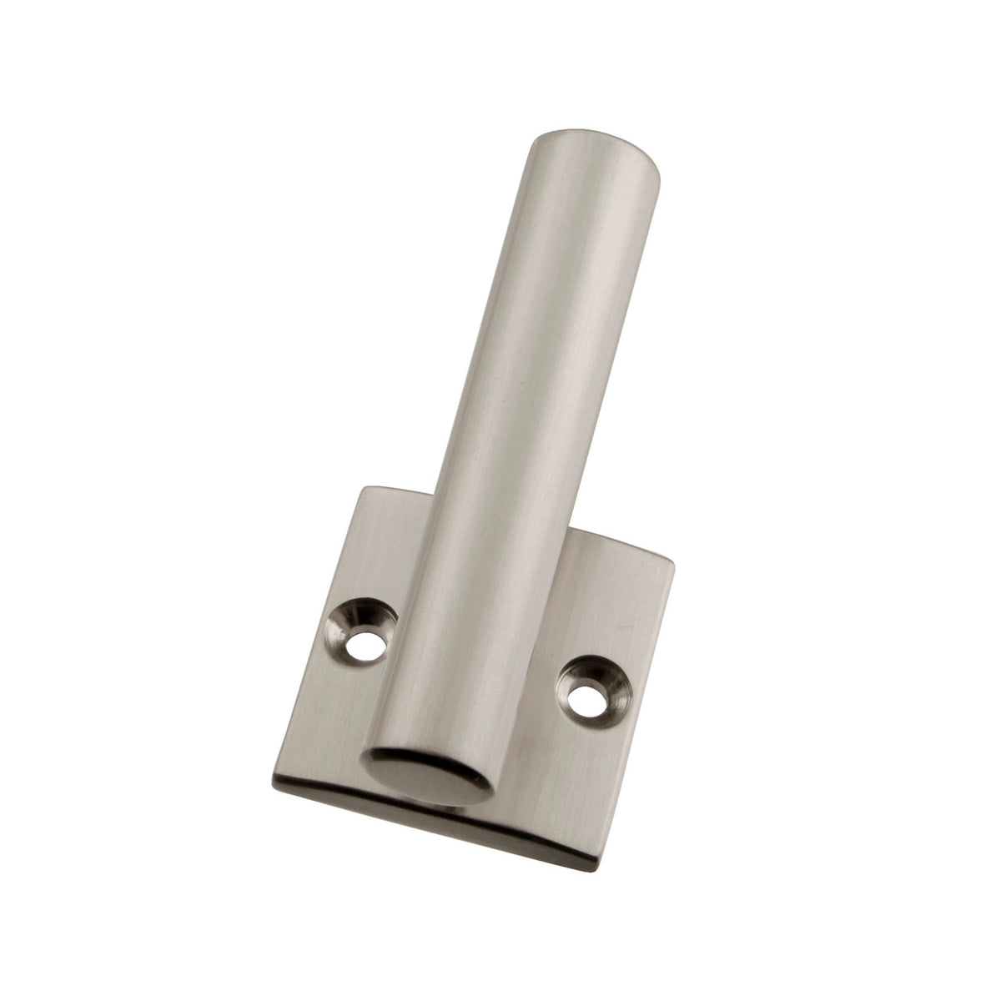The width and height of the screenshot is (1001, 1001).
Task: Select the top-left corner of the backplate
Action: [x=361, y=490]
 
